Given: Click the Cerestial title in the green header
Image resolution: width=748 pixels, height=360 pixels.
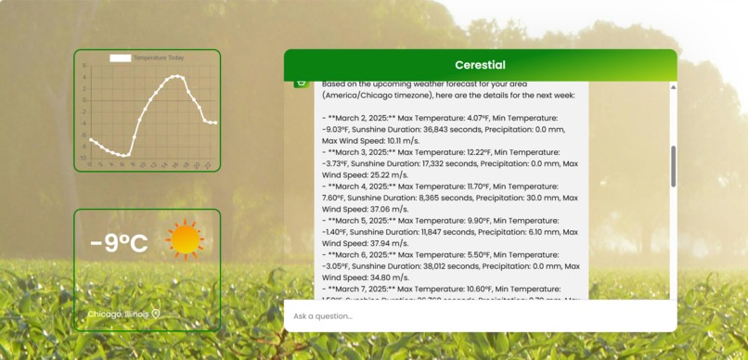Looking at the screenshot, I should (480, 65).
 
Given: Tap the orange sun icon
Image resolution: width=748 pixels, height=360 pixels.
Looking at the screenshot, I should (185, 239).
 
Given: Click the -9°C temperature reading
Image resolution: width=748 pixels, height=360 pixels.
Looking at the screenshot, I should (119, 243).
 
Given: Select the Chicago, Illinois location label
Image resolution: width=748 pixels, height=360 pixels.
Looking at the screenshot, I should (118, 314).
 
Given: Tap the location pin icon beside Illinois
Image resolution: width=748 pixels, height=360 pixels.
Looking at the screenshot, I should (156, 313).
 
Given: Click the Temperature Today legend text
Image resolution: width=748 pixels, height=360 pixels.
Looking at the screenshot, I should (159, 58).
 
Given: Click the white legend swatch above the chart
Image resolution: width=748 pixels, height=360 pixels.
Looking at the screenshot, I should (121, 58).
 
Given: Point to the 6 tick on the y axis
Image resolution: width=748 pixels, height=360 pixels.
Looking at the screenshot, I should (84, 66).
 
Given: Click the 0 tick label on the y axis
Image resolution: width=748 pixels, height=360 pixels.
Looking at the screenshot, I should (84, 100).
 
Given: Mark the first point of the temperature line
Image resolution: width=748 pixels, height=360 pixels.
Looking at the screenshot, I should (90, 139).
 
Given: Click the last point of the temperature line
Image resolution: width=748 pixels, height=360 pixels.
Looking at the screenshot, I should (215, 122).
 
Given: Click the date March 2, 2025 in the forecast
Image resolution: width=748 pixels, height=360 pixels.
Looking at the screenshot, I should (367, 118).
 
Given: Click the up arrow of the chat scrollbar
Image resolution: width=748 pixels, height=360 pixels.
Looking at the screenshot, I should (673, 87).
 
